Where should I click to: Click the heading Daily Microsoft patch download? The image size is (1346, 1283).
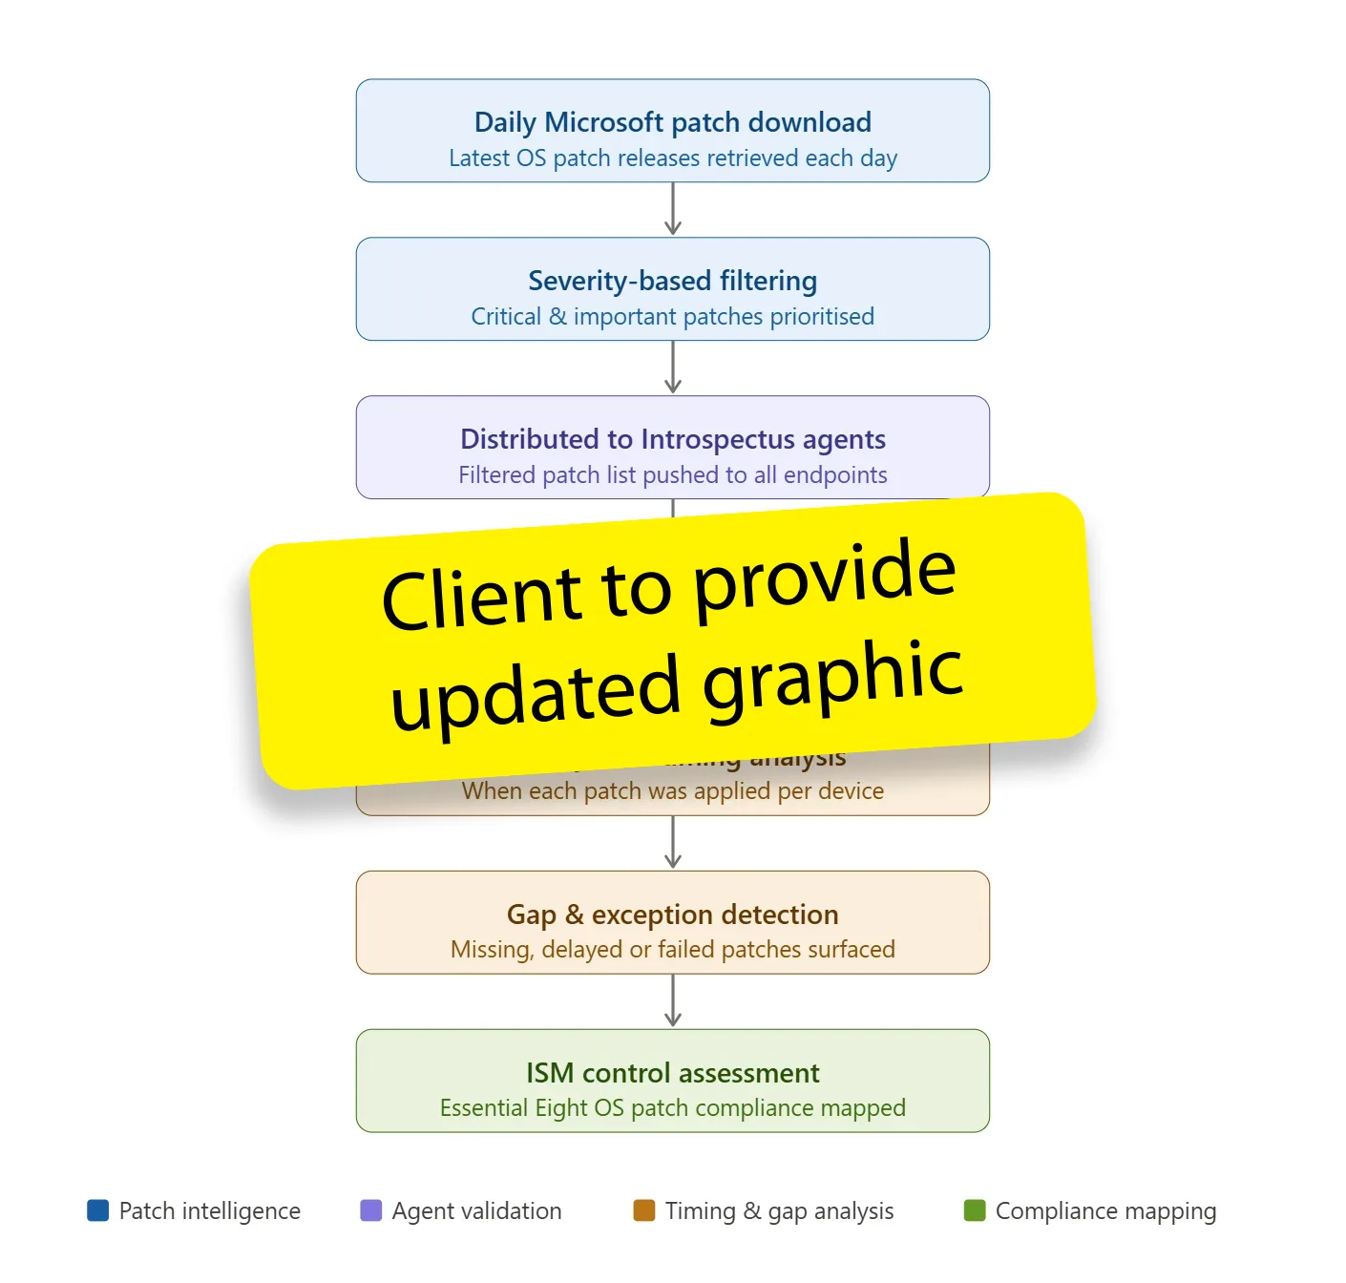click(x=672, y=122)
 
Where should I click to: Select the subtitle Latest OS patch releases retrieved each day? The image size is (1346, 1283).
click(x=672, y=158)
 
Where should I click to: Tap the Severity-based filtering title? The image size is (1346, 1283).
click(x=672, y=281)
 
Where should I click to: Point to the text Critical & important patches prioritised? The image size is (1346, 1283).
click(x=672, y=317)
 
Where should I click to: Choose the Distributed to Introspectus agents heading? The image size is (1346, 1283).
click(x=672, y=439)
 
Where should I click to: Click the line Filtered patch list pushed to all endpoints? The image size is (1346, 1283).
click(x=672, y=475)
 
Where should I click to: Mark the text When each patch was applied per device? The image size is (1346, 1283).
click(x=672, y=792)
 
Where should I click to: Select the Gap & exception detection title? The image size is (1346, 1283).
click(x=672, y=915)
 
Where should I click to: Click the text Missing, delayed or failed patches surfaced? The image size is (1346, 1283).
click(x=672, y=950)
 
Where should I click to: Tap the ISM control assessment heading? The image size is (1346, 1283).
click(x=672, y=1073)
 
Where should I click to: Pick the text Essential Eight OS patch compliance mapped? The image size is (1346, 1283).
click(x=672, y=1108)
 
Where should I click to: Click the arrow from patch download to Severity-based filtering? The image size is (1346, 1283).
click(x=673, y=209)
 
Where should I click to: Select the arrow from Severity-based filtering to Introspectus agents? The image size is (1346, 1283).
click(x=673, y=368)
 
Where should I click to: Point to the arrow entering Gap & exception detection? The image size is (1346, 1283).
click(x=673, y=842)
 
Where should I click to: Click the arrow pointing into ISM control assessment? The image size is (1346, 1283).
click(x=673, y=1000)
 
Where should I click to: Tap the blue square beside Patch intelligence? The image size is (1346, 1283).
click(x=97, y=1210)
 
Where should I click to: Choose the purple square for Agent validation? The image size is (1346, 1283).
click(x=370, y=1210)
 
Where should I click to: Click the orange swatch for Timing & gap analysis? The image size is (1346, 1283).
click(x=644, y=1210)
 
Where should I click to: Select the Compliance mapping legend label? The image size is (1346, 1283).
click(x=1105, y=1211)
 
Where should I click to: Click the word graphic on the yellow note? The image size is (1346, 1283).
click(x=832, y=678)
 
